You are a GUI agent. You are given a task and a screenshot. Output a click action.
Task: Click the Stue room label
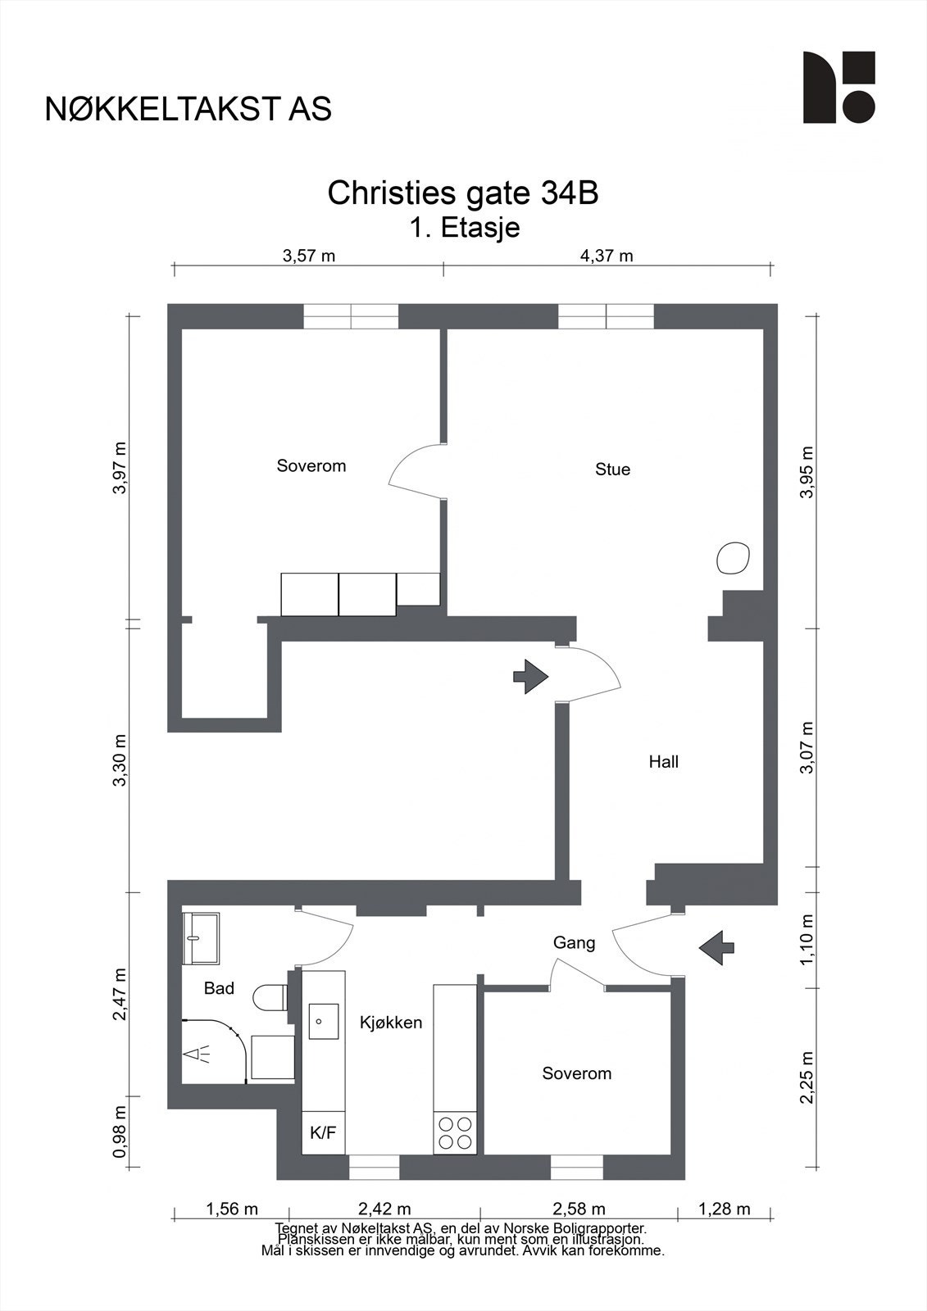pos(612,470)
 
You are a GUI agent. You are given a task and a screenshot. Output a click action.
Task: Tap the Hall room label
pos(663,761)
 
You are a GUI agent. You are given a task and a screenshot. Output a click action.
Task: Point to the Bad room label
pos(219,988)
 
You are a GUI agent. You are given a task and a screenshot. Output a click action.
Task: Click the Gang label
pos(574,943)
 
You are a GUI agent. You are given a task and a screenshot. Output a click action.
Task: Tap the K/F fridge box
pos(323,1132)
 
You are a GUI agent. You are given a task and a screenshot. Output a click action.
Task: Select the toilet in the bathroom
pos(270,996)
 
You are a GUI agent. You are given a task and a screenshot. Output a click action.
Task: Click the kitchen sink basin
pos(324,1022)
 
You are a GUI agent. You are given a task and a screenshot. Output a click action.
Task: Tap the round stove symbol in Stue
pos(734,558)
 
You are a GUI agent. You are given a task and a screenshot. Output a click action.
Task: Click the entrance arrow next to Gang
pos(717,947)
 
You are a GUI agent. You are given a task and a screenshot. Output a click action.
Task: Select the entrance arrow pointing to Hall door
pos(530,677)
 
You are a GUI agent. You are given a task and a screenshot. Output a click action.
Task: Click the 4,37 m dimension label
pos(607,256)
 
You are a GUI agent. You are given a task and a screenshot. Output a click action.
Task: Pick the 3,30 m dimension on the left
pos(120,760)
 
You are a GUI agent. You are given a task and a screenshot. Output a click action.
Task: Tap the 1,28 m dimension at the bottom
pos(725,1209)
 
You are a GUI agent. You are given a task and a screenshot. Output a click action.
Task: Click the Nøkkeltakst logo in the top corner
pos(839,87)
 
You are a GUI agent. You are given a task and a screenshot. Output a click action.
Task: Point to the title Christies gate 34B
pos(463,193)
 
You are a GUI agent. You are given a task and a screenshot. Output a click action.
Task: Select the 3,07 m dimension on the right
pos(807,747)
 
